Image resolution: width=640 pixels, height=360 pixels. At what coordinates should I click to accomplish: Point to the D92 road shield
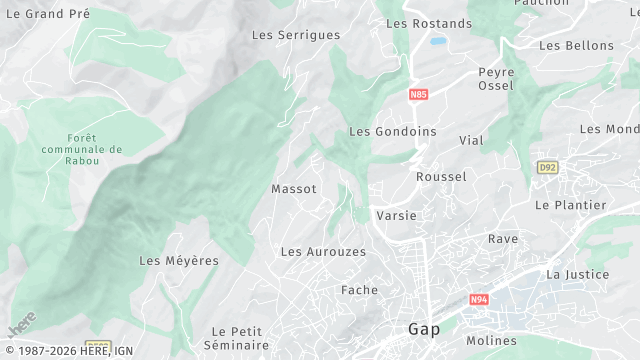546,167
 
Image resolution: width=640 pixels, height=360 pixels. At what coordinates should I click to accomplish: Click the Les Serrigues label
296,35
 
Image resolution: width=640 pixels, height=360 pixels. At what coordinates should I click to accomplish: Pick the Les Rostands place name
428,24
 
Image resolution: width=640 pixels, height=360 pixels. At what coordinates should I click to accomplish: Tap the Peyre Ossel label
496,79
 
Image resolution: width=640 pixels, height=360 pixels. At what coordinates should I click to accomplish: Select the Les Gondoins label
393,132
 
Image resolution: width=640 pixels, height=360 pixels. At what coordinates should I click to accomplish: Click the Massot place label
294,189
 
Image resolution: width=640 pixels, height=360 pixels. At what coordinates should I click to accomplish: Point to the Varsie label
396,216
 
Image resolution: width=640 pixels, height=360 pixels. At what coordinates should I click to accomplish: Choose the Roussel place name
441,177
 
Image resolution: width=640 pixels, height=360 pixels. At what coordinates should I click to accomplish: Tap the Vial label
471,141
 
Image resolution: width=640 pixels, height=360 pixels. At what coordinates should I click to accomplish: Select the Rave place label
503,239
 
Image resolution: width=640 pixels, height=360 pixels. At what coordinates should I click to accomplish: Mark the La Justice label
577,274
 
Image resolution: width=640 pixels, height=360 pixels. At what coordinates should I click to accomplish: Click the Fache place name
359,291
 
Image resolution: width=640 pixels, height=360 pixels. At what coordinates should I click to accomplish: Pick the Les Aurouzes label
323,252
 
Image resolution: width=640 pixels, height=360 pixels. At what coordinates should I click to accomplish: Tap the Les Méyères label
179,261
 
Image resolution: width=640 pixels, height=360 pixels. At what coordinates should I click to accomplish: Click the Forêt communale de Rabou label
96,150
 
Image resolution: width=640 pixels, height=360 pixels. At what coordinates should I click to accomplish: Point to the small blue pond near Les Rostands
438,42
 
